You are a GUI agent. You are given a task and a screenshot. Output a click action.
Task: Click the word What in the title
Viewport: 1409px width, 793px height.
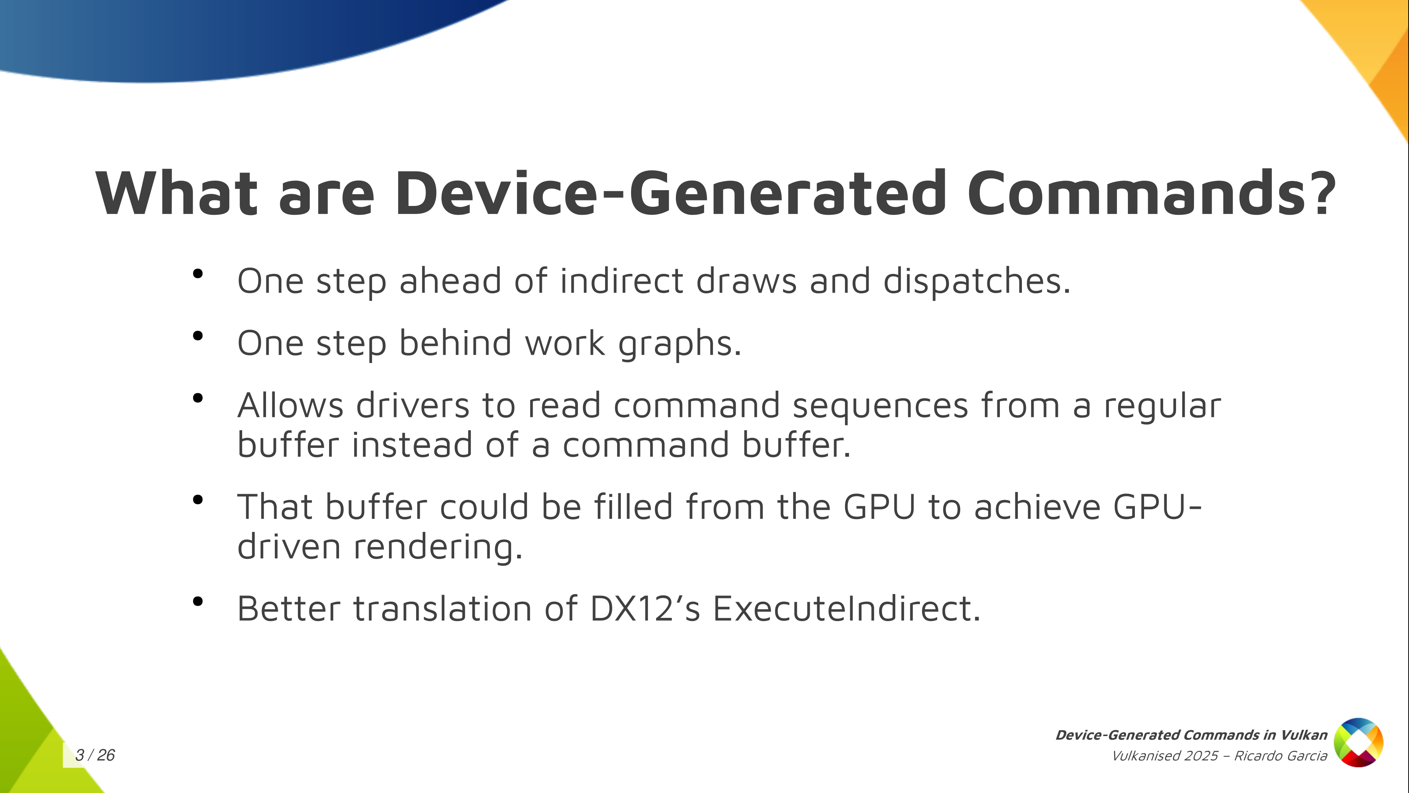pyautogui.click(x=176, y=193)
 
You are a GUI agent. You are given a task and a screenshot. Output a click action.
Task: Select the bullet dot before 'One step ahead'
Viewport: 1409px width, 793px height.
pyautogui.click(x=198, y=274)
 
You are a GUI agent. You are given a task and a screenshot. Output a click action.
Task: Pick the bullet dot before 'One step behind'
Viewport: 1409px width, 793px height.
pyautogui.click(x=198, y=336)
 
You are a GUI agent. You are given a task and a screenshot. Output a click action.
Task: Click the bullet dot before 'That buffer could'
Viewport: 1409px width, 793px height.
pyautogui.click(x=198, y=500)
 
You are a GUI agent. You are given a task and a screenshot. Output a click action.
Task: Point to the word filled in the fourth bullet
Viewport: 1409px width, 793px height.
pyautogui.click(x=633, y=507)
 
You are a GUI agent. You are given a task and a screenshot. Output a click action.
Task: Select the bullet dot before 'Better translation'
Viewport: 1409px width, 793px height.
pyautogui.click(x=198, y=601)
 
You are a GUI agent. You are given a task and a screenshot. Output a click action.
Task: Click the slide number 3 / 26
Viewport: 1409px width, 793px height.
pyautogui.click(x=95, y=755)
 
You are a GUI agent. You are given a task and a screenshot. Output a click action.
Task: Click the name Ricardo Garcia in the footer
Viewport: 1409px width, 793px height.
pyautogui.click(x=1281, y=756)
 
